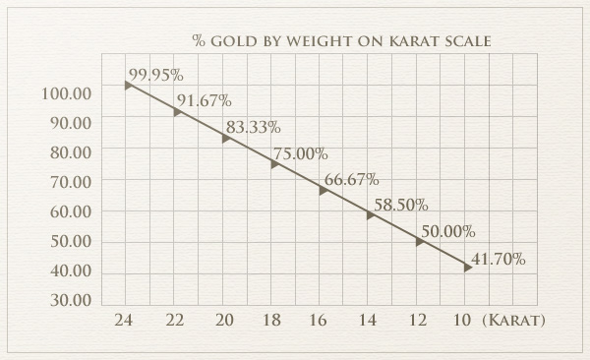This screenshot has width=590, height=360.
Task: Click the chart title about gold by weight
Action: point(342,40)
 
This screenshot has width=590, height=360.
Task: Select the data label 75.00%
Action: point(300,153)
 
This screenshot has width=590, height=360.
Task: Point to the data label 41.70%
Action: point(498,259)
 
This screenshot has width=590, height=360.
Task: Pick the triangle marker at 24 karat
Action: point(128,86)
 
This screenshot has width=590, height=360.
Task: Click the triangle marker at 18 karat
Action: point(274,164)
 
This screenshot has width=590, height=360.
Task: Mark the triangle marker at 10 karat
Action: point(467,267)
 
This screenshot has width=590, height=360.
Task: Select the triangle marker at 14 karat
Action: point(371,215)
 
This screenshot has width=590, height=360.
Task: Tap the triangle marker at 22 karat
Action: point(177,112)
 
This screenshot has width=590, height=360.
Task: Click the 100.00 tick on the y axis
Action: point(69,92)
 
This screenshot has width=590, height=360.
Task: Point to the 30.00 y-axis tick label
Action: point(69,300)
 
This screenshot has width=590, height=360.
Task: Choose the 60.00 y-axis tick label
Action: point(69,211)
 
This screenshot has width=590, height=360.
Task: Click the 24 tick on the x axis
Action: point(123,322)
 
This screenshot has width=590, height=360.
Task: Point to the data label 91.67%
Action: point(204,100)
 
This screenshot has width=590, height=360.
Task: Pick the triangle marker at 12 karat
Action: point(419,241)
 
